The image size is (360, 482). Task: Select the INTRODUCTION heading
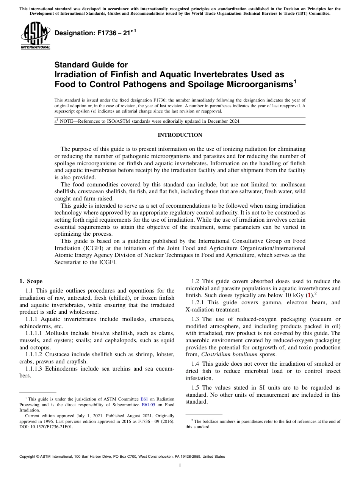point(180,135)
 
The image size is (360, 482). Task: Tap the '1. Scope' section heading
point(31,281)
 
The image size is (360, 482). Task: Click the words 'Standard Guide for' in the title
point(91,65)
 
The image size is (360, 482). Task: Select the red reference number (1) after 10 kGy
point(310,295)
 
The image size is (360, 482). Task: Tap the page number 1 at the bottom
point(180,466)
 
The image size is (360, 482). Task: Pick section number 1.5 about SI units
point(196,388)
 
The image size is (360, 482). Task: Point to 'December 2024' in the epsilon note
point(224,121)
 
